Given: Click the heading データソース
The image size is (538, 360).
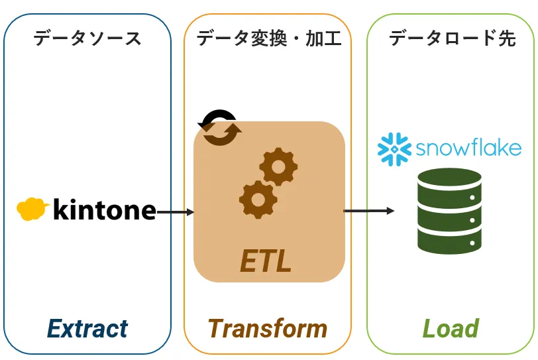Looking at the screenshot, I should point(87,38).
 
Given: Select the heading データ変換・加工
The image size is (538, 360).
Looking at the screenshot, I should point(268,38).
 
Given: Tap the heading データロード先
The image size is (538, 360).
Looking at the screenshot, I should point(452,38).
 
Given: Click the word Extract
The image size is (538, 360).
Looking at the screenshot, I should point(87,328).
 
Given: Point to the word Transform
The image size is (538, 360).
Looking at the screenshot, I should point(268,328).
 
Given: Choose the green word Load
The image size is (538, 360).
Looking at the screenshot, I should point(451,328).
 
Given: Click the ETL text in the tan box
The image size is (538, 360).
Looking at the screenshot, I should point(266,261).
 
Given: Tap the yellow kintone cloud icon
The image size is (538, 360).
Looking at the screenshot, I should point(32,208).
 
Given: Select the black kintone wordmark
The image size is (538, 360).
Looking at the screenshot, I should point(104,210).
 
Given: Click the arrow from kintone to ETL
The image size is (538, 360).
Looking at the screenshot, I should point(176,212).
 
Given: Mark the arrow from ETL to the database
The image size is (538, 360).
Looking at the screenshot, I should point(368,211).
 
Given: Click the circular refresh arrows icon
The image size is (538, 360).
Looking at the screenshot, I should point(220,126).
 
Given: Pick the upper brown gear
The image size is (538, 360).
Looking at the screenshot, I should point(278,167).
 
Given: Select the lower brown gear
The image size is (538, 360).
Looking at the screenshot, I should point(257,199).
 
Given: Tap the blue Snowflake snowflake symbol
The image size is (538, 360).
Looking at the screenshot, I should point(395,149).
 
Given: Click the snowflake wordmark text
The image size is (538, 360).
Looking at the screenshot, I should point(468,147).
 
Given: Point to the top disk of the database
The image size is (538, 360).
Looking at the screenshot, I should point(449,183).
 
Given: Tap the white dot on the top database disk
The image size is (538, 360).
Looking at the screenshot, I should point(472,198).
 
